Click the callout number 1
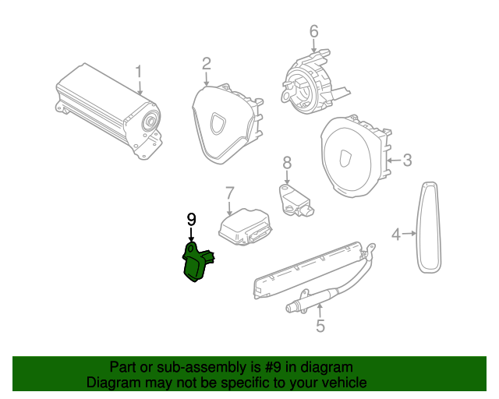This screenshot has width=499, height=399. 139,72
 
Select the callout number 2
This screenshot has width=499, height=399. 207,62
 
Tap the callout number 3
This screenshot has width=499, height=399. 407,161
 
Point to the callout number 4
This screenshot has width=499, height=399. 396,233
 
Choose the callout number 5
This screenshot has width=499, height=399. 320,327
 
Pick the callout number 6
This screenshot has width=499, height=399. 314,32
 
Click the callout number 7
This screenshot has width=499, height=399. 230,192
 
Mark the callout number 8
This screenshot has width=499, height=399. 287,162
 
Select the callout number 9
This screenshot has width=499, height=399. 191,220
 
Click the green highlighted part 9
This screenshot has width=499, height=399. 196,261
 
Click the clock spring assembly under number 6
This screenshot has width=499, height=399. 310,81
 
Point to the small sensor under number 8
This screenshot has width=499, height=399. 296,199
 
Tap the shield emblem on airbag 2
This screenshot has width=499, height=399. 220,122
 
